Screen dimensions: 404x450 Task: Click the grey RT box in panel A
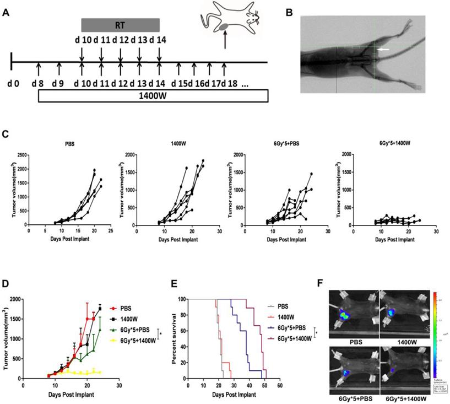(120, 25)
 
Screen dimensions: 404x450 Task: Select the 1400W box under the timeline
(153, 95)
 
